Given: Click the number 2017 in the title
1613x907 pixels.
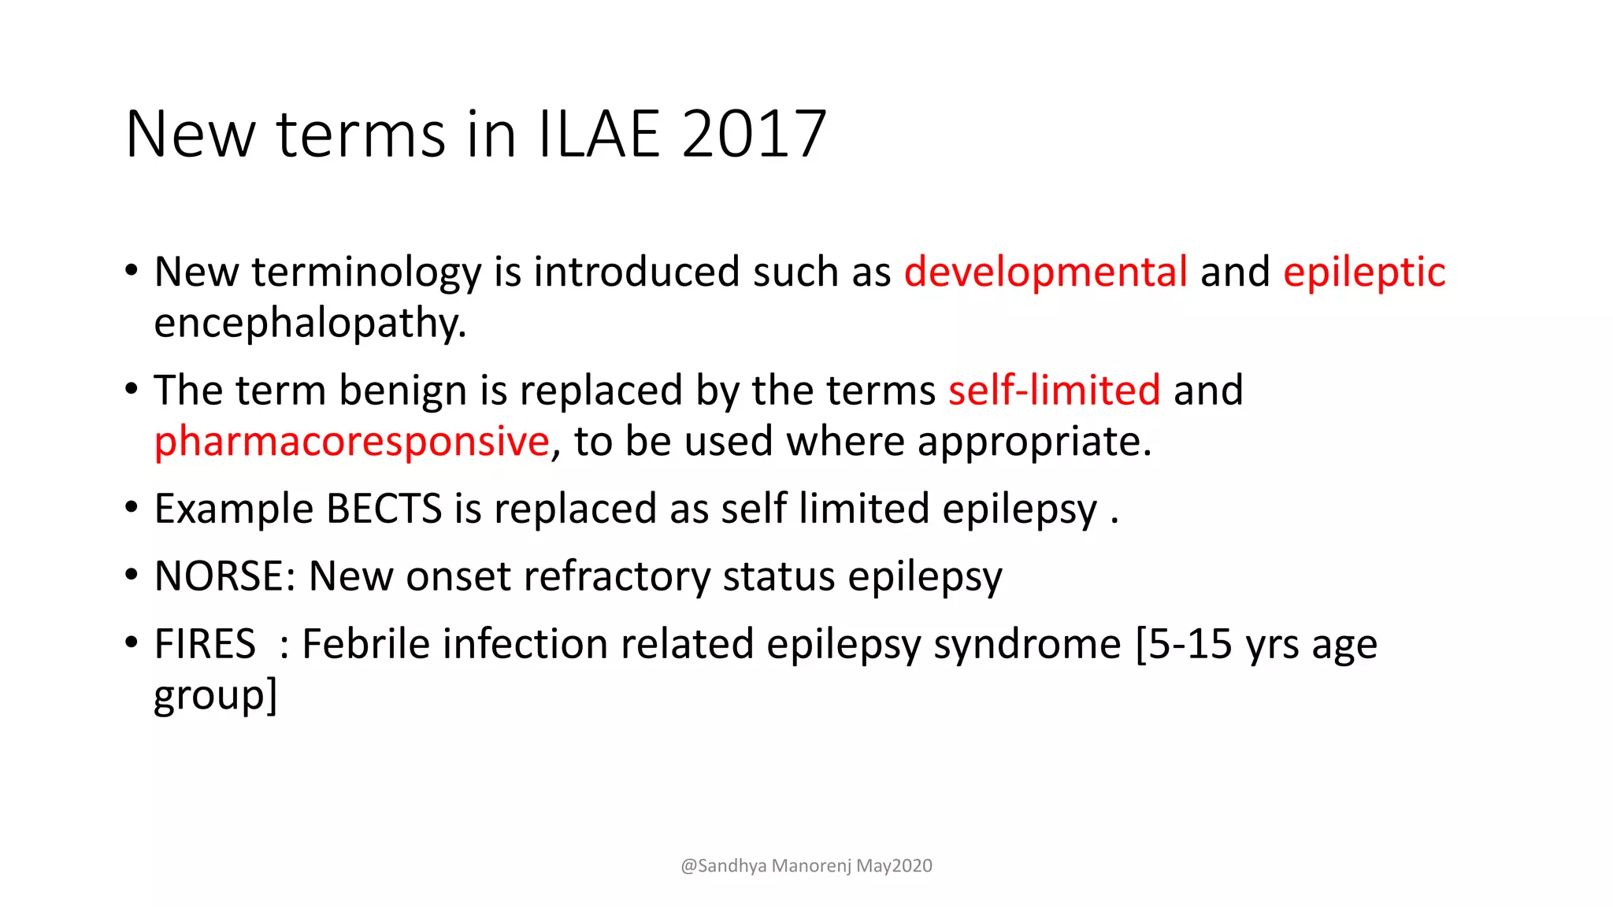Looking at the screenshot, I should (x=754, y=135).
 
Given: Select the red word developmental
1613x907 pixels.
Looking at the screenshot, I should (x=1046, y=272).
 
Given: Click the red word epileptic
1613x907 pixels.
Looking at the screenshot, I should (x=1364, y=272).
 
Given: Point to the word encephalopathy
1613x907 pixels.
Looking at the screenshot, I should (x=310, y=324).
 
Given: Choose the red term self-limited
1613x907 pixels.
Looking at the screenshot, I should (x=1054, y=391).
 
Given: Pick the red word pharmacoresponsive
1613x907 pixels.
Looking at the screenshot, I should (x=351, y=441).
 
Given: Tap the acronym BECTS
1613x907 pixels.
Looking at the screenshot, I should (x=384, y=509).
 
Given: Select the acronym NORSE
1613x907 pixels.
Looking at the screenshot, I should (x=219, y=576).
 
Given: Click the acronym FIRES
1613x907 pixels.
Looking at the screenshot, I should (x=205, y=644).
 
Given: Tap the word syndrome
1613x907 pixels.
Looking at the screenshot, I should (x=1027, y=644).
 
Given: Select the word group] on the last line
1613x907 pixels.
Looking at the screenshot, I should (x=215, y=696).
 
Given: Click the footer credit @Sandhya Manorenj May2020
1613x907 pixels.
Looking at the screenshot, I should (x=806, y=866).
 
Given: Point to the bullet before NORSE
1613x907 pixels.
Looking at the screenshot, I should (x=132, y=575).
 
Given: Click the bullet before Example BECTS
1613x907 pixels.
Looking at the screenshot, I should (x=132, y=507).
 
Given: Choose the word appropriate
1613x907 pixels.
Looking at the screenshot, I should (x=1034, y=441).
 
